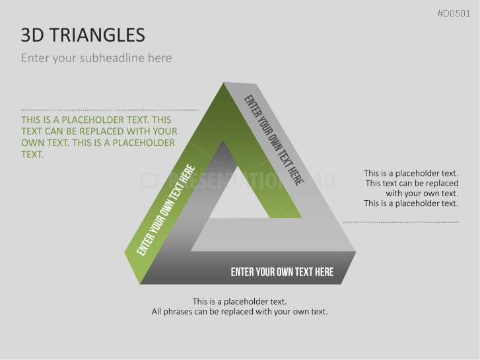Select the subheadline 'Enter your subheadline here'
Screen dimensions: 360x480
click(x=96, y=58)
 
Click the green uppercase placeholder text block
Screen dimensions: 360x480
click(x=98, y=137)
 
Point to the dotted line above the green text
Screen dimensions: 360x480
click(x=110, y=110)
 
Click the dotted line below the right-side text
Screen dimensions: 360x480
click(x=401, y=222)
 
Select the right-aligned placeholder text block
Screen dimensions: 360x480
click(x=411, y=188)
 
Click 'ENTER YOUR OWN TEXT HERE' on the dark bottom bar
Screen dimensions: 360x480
click(x=282, y=271)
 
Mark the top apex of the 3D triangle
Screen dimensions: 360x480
click(x=224, y=83)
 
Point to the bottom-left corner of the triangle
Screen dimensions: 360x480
click(x=127, y=252)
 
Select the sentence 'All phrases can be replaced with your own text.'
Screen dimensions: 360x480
click(x=240, y=311)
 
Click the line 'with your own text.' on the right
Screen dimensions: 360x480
click(x=422, y=194)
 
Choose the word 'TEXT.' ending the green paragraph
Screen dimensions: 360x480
click(x=32, y=155)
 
